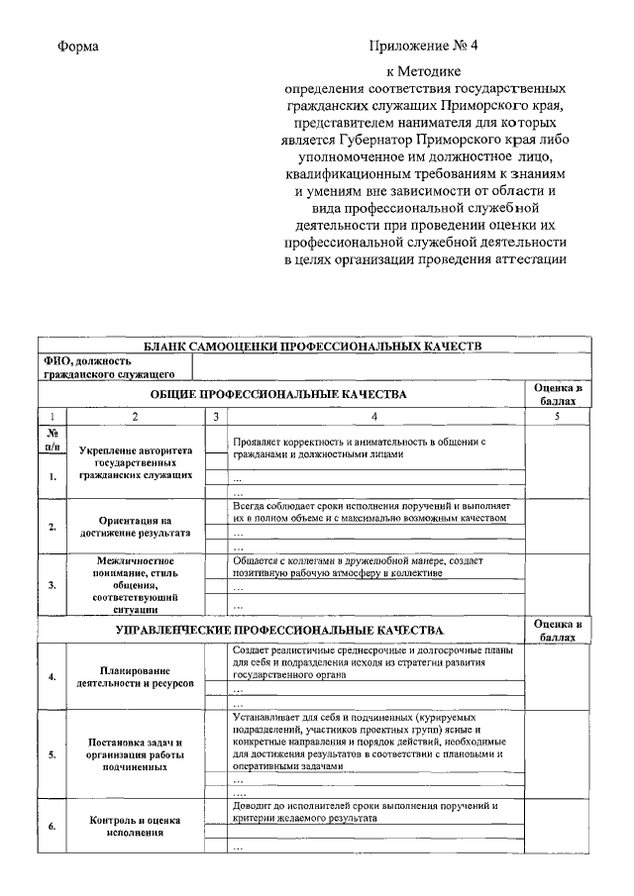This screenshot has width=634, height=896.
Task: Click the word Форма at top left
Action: (77, 47)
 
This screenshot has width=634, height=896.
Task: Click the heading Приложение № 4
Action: (423, 47)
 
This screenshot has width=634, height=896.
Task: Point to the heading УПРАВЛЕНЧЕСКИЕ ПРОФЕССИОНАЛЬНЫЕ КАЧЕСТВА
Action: (279, 630)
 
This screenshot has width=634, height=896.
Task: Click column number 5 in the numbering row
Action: (557, 417)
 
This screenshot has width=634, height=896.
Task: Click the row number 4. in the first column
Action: (52, 677)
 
